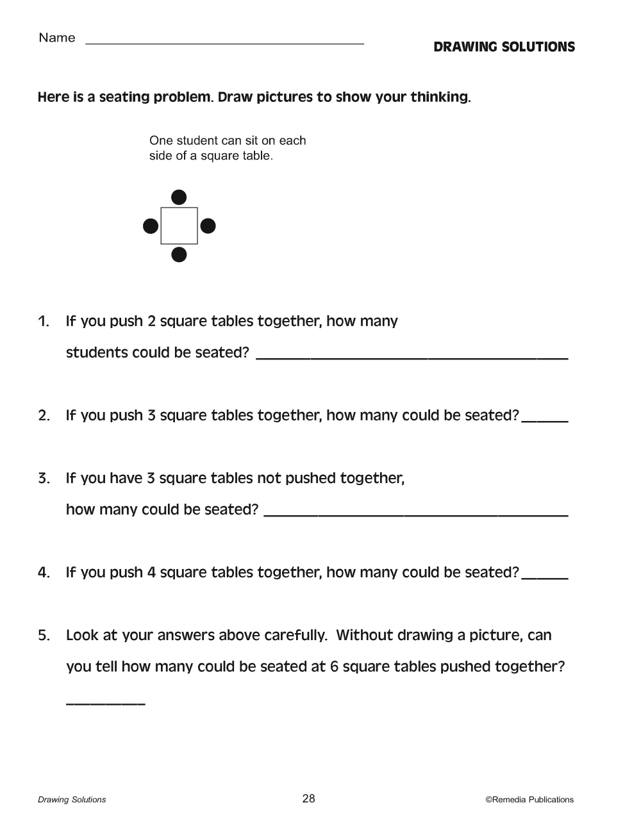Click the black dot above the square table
(179, 197)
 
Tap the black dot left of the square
(151, 226)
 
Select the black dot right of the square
(208, 226)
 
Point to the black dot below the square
(179, 255)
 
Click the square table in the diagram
(179, 226)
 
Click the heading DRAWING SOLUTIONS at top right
(504, 47)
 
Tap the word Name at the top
(57, 38)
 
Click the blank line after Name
(224, 42)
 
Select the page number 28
(308, 798)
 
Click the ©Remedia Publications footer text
(529, 800)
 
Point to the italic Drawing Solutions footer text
(72, 800)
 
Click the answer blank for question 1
(412, 356)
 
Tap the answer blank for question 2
(545, 419)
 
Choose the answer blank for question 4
(545, 576)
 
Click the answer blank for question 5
(106, 702)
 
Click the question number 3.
(44, 479)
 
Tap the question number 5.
(44, 636)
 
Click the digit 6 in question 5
(334, 667)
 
